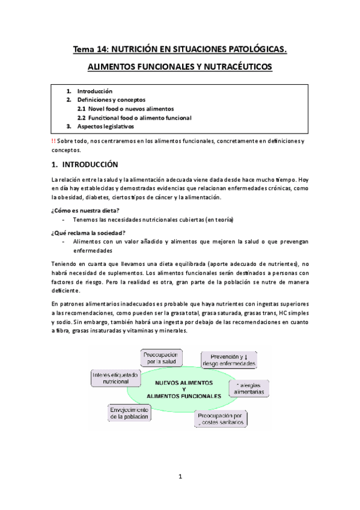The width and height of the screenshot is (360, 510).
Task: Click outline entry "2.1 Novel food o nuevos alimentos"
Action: click(x=126, y=109)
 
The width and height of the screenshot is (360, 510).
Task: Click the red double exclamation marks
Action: click(x=53, y=141)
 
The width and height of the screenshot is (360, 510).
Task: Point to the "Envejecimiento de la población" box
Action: click(x=130, y=412)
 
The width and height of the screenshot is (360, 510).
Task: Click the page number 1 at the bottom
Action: click(x=180, y=477)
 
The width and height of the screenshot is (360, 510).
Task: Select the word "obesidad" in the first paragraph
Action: click(x=75, y=197)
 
